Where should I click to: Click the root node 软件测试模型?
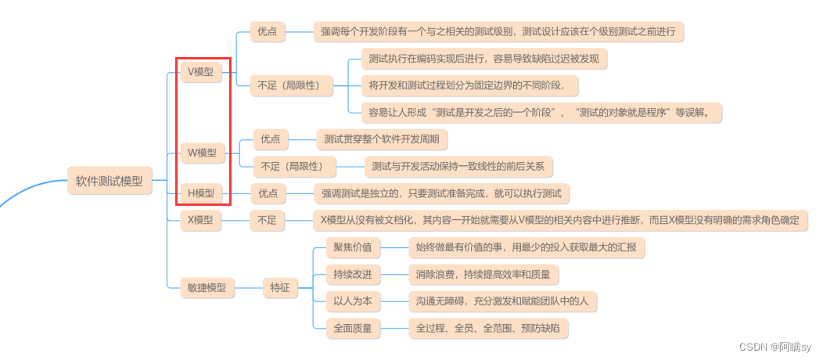click(x=110, y=181)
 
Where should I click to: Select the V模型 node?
click(x=201, y=72)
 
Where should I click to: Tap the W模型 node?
click(x=203, y=152)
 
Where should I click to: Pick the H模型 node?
click(x=201, y=193)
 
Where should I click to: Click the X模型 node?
click(x=200, y=221)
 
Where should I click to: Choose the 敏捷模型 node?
click(x=207, y=287)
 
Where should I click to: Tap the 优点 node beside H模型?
click(x=268, y=193)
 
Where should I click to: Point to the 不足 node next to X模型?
click(x=267, y=221)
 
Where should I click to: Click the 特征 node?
click(x=280, y=287)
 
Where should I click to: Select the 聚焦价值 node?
click(x=353, y=248)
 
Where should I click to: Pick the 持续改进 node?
click(x=353, y=275)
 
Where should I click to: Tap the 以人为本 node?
click(x=353, y=301)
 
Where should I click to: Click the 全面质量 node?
click(x=353, y=327)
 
